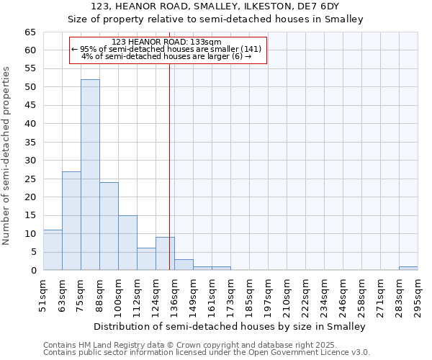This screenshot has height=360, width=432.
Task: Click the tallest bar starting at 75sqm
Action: pos(90,175)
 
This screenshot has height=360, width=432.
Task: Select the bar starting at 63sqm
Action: pos(71,221)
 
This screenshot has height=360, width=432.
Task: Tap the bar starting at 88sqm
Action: pos(109,226)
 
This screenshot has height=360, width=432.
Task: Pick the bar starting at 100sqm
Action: pos(127,243)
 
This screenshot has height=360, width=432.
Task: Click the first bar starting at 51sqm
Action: pos(53,250)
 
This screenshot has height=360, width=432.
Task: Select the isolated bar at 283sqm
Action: pos(408,269)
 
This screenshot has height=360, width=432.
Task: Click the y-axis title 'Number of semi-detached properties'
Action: pos(7,156)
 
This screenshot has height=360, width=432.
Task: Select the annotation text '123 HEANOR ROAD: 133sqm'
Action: pos(167,42)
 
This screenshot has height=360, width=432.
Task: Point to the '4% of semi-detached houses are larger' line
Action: pos(167,56)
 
